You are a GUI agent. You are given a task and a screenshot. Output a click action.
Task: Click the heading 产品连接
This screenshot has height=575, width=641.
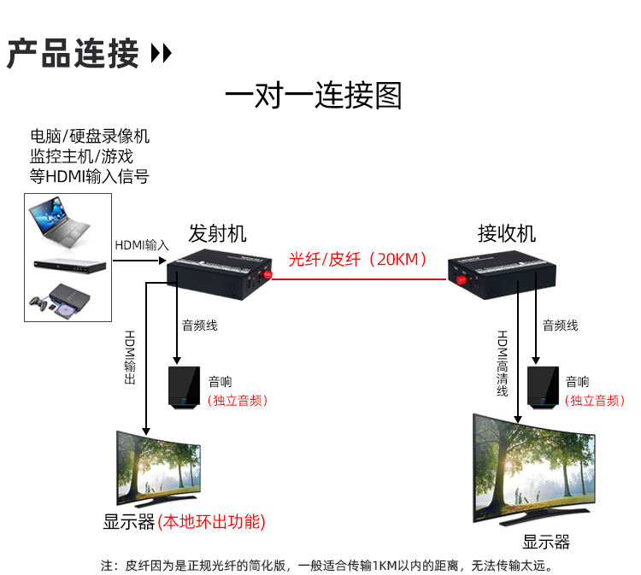point(72,53)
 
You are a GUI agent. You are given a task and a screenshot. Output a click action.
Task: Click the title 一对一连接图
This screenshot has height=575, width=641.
point(312,96)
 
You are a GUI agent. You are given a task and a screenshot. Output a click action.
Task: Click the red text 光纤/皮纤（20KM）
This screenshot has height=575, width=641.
point(357,259)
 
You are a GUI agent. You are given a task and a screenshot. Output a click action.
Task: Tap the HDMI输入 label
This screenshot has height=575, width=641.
point(142,245)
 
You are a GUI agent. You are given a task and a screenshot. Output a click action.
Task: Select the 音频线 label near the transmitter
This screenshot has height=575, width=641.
point(199,326)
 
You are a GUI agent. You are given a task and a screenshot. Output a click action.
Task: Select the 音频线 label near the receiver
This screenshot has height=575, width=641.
point(561,326)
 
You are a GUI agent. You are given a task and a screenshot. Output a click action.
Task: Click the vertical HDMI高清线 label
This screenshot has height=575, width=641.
point(503,362)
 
